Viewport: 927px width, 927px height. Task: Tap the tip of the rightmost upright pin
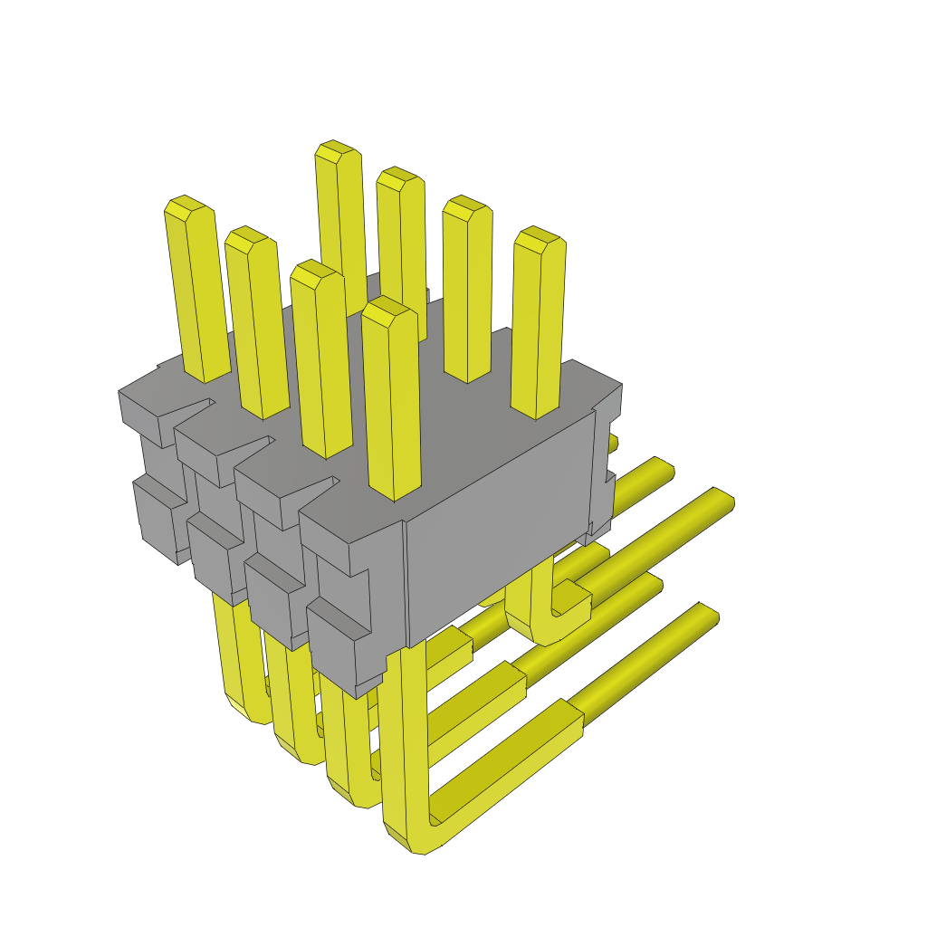pyautogui.click(x=539, y=238)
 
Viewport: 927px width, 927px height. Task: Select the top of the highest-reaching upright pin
pyautogui.click(x=336, y=150)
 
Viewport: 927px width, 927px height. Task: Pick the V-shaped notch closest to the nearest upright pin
pyautogui.click(x=312, y=489)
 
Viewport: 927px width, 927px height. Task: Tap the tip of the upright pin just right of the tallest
pyautogui.click(x=398, y=177)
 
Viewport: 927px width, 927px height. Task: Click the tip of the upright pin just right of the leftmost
pyautogui.click(x=248, y=237)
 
